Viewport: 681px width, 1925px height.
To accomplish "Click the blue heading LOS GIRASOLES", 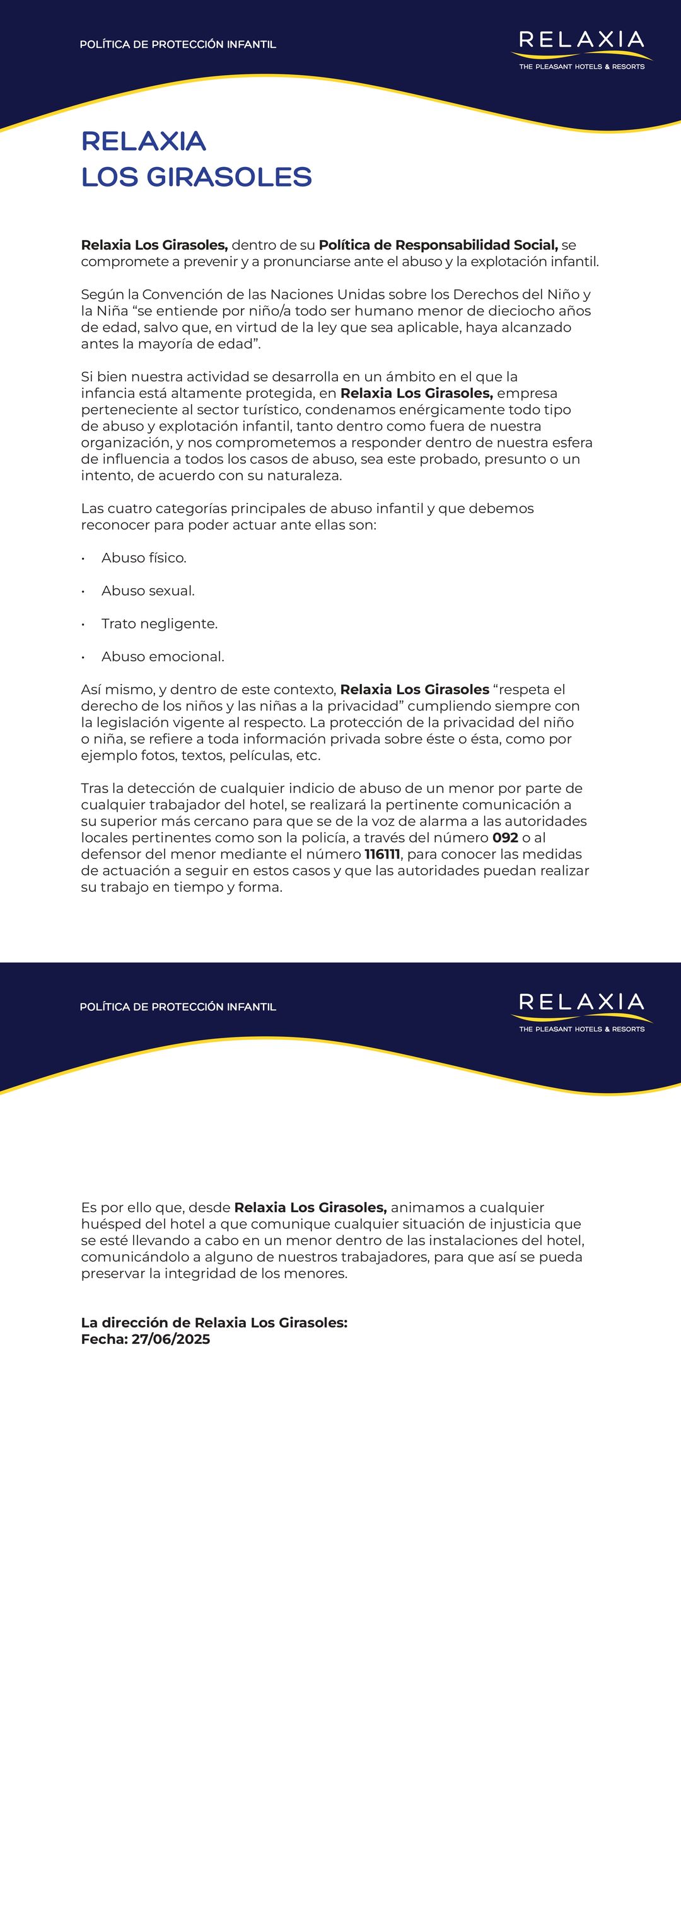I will pos(196,177).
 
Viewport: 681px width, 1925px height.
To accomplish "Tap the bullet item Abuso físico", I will pos(144,557).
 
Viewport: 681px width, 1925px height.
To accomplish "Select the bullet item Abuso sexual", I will pos(148,591).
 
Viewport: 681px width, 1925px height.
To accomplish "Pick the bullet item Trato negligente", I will pos(160,623).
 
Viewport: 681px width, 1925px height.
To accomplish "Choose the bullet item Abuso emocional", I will pos(162,656).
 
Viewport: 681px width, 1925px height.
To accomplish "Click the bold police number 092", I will pos(505,837).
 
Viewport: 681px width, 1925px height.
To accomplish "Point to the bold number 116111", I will pos(382,853).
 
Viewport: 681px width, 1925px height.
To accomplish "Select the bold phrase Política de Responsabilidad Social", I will pos(438,245).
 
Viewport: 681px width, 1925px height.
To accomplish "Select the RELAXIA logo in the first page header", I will pos(581,48).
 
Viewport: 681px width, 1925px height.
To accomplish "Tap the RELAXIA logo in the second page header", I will pos(581,1010).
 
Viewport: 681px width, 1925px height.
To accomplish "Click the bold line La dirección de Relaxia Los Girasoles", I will pos(214,1322).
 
